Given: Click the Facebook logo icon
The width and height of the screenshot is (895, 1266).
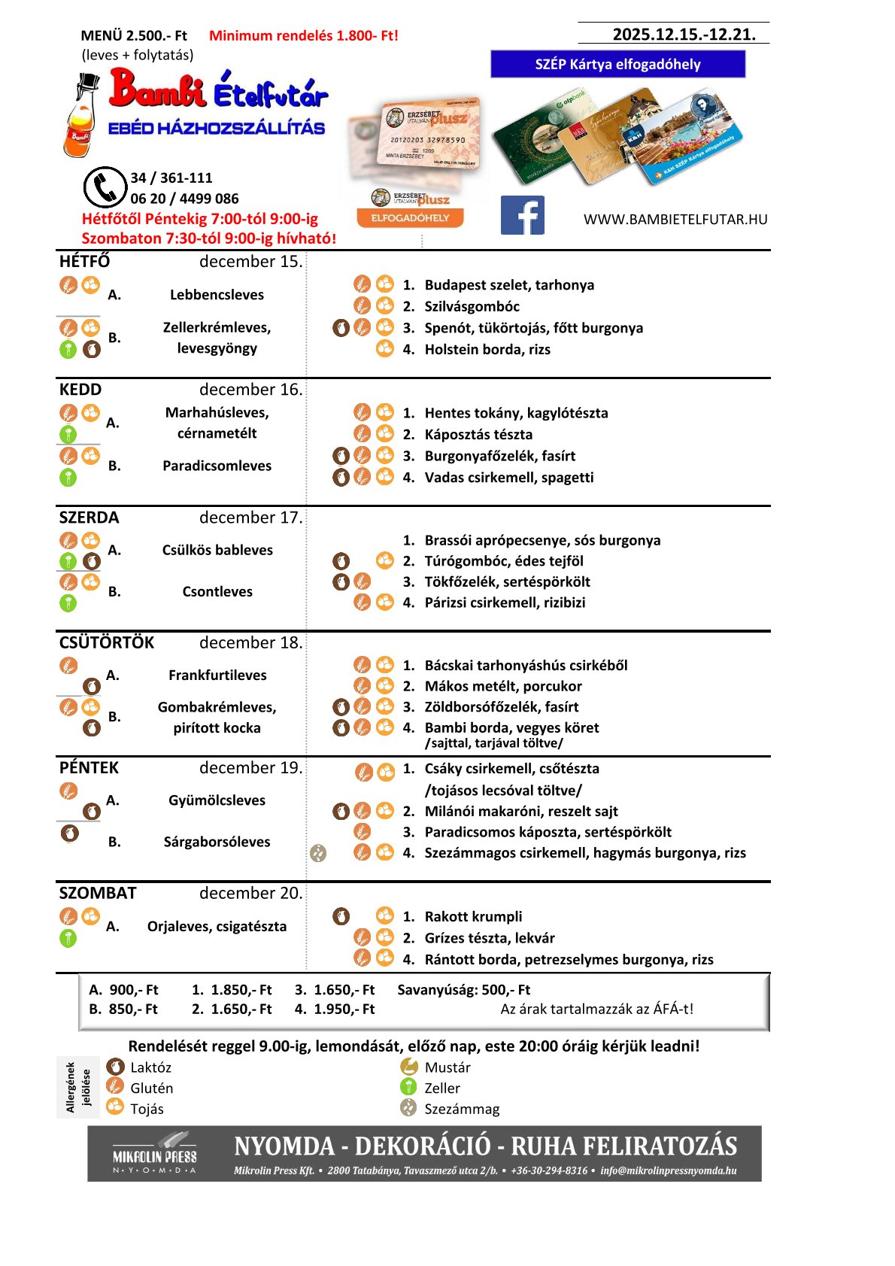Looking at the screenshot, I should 522,216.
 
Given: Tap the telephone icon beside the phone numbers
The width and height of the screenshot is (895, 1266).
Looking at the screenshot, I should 104,187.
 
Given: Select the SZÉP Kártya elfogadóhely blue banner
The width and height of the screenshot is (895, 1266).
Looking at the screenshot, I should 617,64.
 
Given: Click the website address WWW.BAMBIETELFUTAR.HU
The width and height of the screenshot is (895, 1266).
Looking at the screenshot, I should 675,220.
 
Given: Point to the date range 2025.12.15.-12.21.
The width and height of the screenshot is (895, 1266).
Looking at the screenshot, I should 684,34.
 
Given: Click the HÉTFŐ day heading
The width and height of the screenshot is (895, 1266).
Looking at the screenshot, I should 84,261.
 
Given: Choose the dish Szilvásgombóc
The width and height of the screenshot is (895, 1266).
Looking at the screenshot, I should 472,306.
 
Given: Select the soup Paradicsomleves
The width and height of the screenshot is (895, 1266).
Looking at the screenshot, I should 217,466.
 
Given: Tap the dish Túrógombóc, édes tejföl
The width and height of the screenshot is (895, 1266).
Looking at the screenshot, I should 503,560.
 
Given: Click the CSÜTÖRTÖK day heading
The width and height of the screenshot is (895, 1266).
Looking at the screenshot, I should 106,642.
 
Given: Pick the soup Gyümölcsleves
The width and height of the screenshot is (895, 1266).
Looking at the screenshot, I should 217,800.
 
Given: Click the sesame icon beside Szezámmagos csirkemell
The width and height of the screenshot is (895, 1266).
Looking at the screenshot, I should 318,853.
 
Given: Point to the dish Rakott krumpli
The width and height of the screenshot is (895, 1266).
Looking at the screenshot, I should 473,916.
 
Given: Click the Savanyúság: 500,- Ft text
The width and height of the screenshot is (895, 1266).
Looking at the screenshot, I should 463,990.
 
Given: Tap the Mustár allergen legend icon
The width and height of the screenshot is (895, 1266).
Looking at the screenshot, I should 408,1067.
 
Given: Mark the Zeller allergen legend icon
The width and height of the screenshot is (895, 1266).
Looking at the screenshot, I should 408,1087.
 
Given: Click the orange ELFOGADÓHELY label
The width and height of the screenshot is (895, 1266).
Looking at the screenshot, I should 410,218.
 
